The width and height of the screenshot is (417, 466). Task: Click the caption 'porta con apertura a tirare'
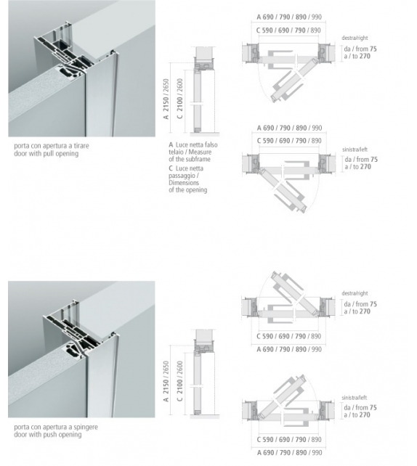pyautogui.click(x=51, y=146)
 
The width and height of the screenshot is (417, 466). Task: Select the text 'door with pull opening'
pyautogui.click(x=44, y=154)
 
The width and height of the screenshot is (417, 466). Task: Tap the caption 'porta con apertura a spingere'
pyautogui.click(x=54, y=428)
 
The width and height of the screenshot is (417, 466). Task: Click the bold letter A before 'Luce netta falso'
pyautogui.click(x=170, y=146)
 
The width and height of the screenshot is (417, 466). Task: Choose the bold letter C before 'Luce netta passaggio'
pyautogui.click(x=170, y=168)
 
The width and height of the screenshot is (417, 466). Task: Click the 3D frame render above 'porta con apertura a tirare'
pyautogui.click(x=81, y=69)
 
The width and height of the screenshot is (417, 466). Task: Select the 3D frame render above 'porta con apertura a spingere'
pyautogui.click(x=81, y=349)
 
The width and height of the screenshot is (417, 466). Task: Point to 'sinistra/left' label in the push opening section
pyautogui.click(x=356, y=399)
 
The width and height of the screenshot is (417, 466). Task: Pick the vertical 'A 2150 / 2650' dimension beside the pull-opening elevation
pyautogui.click(x=166, y=97)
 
